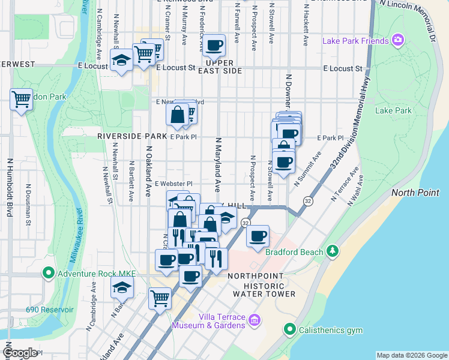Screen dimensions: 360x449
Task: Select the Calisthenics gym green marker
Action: (290, 329)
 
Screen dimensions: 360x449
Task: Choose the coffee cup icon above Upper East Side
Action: (214, 45)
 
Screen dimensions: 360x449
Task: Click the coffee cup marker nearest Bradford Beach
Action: (258, 236)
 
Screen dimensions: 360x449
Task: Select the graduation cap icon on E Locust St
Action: (121, 61)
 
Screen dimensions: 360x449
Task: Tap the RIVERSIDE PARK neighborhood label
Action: (131, 137)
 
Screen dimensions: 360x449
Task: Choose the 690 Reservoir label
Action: (49, 310)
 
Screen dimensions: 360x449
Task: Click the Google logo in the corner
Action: (20, 353)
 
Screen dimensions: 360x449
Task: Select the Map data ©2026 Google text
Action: (411, 355)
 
